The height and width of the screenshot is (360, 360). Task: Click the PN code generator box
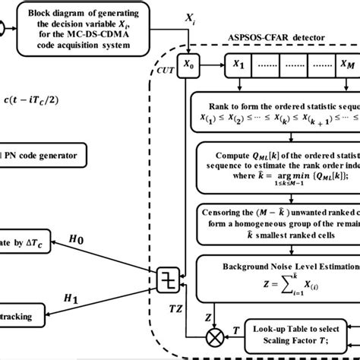tap(46, 156)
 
